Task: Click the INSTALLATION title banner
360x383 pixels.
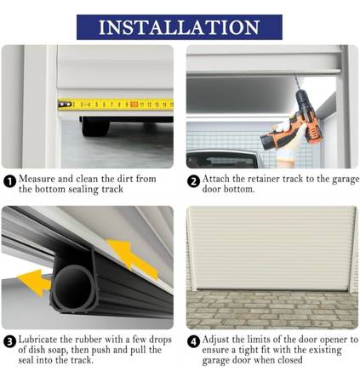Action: click(180, 27)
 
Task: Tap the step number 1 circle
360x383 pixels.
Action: click(9, 181)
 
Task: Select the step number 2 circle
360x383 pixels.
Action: click(193, 181)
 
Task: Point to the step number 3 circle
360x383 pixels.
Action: click(9, 342)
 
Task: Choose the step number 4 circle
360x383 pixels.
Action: click(193, 342)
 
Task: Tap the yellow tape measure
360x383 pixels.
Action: click(116, 105)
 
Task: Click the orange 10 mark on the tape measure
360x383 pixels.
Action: click(134, 105)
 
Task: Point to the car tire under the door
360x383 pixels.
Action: click(95, 127)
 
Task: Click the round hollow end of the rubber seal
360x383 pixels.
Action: click(73, 287)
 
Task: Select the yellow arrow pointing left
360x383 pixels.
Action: click(34, 283)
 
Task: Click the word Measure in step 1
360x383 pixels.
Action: click(37, 179)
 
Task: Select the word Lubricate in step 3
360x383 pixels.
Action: click(37, 340)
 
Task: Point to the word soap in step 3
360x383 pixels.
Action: click(59, 351)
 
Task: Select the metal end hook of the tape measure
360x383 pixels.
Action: click(65, 105)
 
